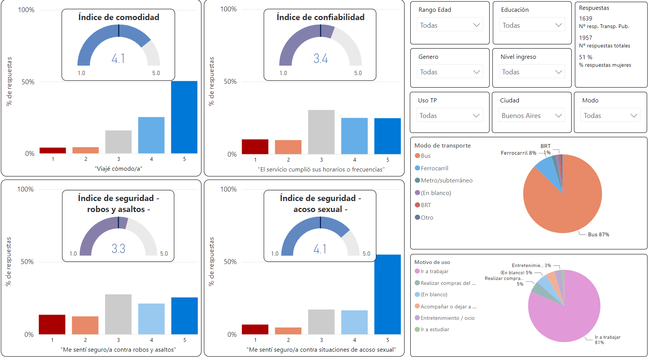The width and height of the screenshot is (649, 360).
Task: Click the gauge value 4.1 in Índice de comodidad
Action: pos(118,58)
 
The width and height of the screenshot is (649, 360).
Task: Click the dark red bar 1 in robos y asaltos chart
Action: pos(52,324)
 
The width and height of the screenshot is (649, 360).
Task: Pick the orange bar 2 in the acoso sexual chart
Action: pos(288,331)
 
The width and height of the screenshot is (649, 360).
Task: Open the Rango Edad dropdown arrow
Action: pos(477,25)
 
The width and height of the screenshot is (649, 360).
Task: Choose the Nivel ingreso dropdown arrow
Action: pos(559,72)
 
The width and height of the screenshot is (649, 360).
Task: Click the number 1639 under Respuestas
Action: pos(586,18)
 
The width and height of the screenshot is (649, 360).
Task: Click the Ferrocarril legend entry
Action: pos(434,168)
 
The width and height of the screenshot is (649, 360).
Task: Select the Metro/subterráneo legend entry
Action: pos(446,181)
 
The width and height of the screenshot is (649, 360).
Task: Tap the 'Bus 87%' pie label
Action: pos(599,234)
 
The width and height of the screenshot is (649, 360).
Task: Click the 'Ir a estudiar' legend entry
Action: pos(435,329)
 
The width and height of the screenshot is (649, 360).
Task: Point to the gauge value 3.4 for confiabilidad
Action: pos(320,58)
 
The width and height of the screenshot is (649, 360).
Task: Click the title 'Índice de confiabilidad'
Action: pos(320,17)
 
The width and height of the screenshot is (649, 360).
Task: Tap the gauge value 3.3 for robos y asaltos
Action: pos(118,248)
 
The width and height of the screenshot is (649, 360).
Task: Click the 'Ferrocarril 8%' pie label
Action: pos(518,153)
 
